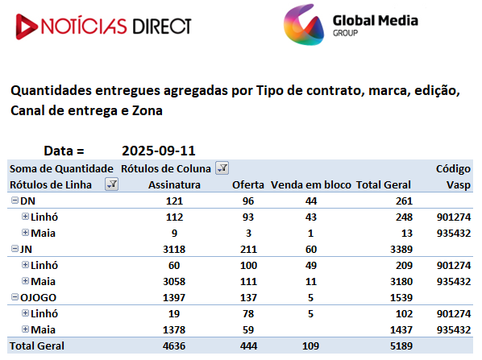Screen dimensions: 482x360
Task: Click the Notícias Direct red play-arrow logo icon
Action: pyautogui.click(x=26, y=27)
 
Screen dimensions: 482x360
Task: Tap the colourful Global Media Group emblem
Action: pyautogui.click(x=304, y=25)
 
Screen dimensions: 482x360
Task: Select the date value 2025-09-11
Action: pyautogui.click(x=159, y=151)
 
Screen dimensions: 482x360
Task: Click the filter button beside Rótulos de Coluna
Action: pyautogui.click(x=222, y=168)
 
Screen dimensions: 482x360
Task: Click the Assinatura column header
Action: pyautogui.click(x=174, y=185)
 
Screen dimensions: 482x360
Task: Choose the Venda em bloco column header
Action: pyautogui.click(x=311, y=185)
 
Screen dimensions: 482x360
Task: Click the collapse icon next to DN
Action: pyautogui.click(x=15, y=201)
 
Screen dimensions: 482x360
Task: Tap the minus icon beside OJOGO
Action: pyautogui.click(x=15, y=296)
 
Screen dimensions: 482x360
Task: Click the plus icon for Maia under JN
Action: pyautogui.click(x=25, y=281)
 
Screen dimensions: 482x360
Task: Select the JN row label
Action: pyautogui.click(x=26, y=249)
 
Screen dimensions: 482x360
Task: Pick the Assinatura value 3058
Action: pyautogui.click(x=174, y=281)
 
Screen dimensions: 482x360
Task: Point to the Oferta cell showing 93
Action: pyautogui.click(x=248, y=217)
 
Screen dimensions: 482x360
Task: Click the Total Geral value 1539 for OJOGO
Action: pyautogui.click(x=401, y=298)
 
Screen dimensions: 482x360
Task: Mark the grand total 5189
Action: pyautogui.click(x=401, y=346)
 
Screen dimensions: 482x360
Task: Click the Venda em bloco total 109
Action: pyautogui.click(x=310, y=346)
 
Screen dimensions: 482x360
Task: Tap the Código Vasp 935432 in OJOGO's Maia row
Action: pyautogui.click(x=454, y=330)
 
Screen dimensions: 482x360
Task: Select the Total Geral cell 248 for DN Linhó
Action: pyautogui.click(x=404, y=217)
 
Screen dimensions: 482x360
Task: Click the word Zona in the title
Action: pyautogui.click(x=148, y=110)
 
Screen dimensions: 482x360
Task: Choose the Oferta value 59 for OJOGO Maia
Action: pyautogui.click(x=248, y=330)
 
